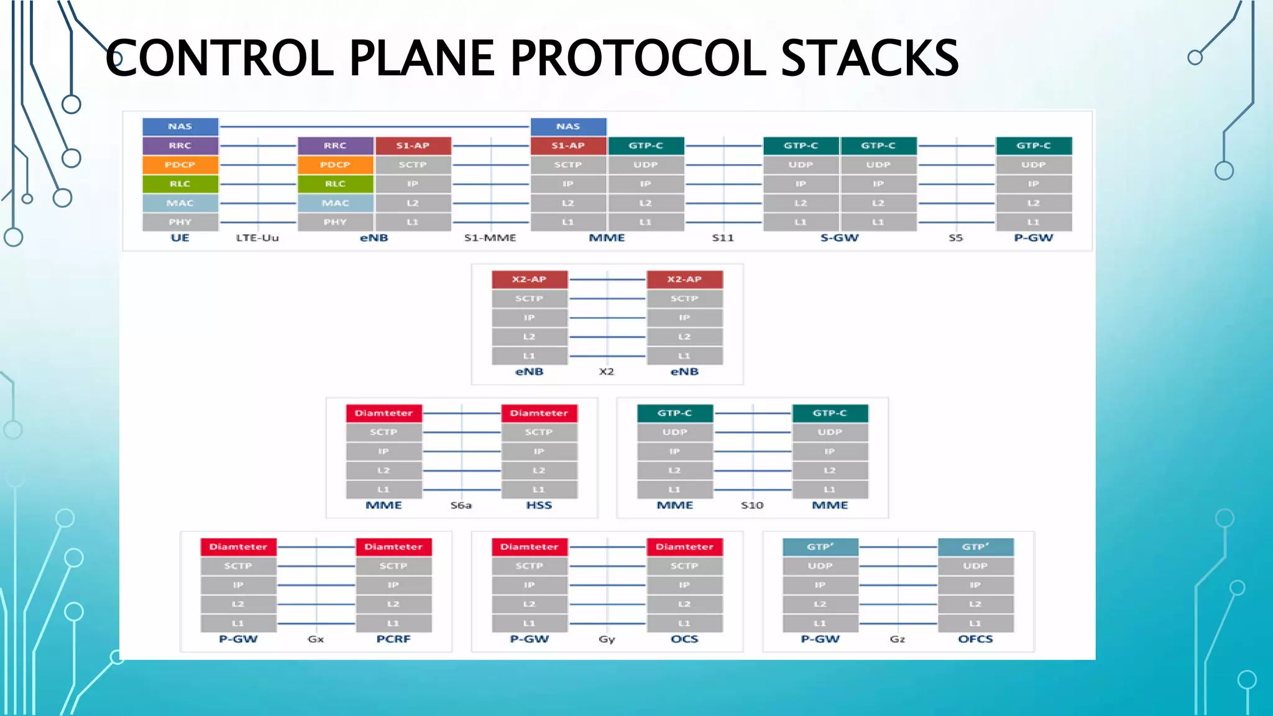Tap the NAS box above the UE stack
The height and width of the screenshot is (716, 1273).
[x=180, y=126]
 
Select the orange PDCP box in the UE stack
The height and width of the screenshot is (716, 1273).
[x=180, y=165]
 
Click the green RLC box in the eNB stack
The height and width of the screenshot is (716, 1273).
[x=335, y=184]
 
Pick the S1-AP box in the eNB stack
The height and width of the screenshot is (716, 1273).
[x=413, y=145]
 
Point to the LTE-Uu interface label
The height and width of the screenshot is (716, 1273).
[x=257, y=238]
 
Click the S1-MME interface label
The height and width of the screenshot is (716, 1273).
[x=490, y=238]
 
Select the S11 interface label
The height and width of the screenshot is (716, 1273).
[x=723, y=238]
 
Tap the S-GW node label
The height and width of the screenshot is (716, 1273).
[x=839, y=238]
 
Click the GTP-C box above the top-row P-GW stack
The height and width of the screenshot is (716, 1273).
[x=1034, y=145]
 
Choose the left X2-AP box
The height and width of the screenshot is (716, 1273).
[x=529, y=280]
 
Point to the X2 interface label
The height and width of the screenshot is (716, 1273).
[x=607, y=372]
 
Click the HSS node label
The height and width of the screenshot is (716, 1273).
[x=539, y=505]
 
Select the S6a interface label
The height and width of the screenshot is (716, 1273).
[x=461, y=505]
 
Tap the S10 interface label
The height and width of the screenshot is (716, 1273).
[x=752, y=505]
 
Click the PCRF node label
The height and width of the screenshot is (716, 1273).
[x=393, y=639]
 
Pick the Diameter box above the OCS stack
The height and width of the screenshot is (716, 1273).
[x=684, y=547]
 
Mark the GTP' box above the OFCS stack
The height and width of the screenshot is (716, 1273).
[x=975, y=547]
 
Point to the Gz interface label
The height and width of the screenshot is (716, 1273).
[x=898, y=639]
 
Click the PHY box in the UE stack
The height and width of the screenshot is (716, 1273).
[x=180, y=222]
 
